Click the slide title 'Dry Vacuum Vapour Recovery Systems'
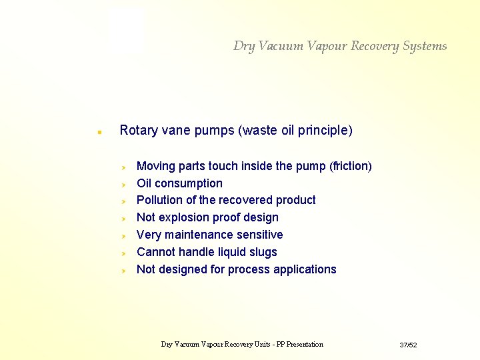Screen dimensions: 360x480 point(340,46)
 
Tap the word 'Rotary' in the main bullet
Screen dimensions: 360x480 point(137,130)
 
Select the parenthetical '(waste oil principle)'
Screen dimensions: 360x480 point(295,130)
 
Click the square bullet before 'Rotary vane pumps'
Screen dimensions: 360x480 point(99,132)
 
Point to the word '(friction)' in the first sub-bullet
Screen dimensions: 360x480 point(351,166)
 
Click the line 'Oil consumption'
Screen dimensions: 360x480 point(179,183)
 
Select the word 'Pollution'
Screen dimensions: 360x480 point(161,200)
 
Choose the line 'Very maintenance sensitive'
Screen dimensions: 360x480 point(209,235)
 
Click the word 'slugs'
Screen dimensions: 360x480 point(262,252)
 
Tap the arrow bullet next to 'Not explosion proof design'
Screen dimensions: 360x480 point(123,218)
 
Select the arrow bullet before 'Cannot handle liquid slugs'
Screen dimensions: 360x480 point(123,253)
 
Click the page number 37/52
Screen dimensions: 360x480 point(408,345)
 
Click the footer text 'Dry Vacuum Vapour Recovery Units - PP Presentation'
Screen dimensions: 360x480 point(242,345)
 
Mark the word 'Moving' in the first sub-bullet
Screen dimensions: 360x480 point(155,166)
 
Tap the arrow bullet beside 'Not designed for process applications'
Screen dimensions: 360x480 point(123,270)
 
